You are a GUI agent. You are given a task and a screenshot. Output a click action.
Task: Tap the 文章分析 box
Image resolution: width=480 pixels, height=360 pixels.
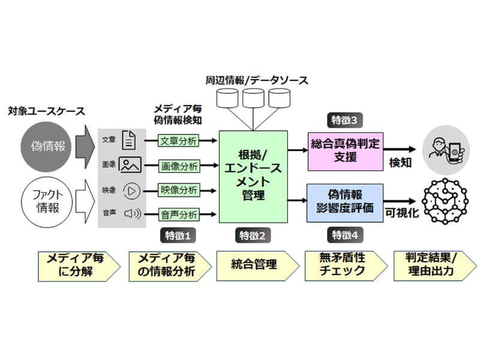point(179,142)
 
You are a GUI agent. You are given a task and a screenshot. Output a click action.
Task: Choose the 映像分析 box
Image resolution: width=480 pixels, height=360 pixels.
point(179,190)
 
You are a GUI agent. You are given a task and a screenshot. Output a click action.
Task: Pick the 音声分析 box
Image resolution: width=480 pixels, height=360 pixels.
point(179,214)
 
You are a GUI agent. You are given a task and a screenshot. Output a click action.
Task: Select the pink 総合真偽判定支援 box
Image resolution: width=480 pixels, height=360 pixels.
point(345,151)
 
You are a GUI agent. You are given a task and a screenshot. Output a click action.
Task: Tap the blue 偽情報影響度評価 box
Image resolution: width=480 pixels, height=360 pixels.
point(345,202)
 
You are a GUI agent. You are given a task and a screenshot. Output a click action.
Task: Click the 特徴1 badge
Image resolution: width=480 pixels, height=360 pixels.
point(179,235)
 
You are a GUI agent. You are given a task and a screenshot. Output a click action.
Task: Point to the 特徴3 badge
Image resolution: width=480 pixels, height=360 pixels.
point(344,120)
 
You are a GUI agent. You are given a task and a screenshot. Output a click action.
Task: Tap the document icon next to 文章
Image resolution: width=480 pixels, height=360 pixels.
point(128,140)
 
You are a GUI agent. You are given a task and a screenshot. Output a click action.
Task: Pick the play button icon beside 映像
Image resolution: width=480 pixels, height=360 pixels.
point(131,190)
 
